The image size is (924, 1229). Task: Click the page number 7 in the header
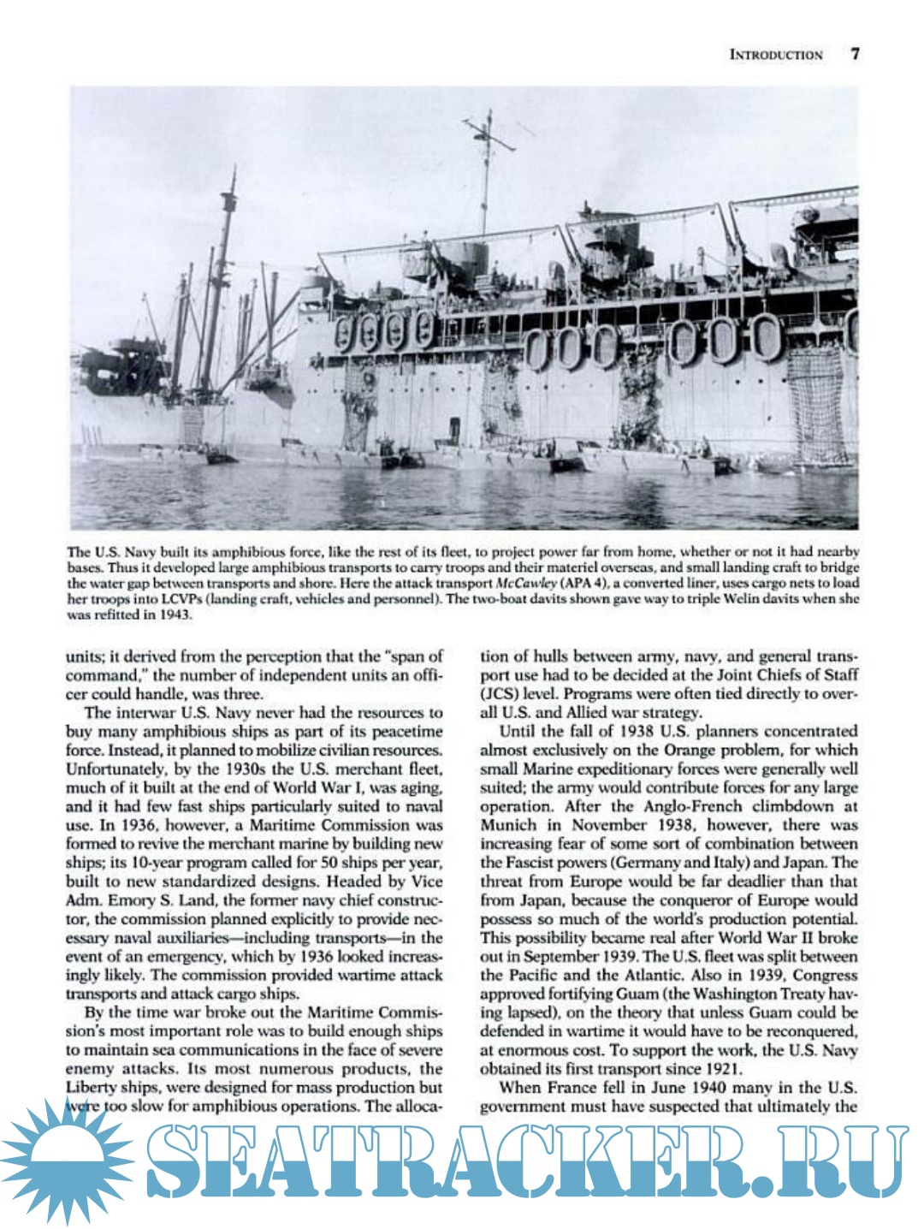tap(855, 54)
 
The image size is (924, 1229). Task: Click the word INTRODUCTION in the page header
tap(775, 55)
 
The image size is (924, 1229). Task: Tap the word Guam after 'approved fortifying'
tap(618, 994)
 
